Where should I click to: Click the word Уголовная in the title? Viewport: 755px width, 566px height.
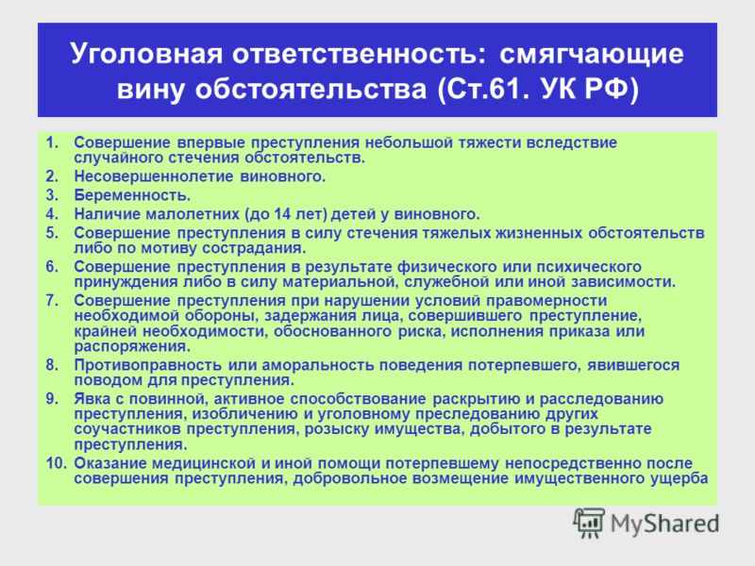coord(146,54)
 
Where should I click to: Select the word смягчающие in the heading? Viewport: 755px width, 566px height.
coord(592,55)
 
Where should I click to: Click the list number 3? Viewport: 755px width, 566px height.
coord(52,195)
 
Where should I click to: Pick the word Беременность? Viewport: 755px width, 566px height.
coord(132,195)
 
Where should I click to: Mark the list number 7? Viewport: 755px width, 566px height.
coord(52,301)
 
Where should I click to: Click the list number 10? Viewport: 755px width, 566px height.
coord(57,463)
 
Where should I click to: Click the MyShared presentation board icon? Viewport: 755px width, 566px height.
coord(589,523)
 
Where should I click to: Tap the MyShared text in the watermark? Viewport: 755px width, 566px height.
coord(664,524)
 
